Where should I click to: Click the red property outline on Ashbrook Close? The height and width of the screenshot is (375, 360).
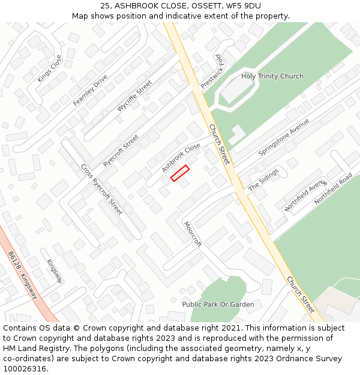tap(179, 173)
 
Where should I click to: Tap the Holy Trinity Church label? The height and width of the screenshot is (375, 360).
tap(272, 76)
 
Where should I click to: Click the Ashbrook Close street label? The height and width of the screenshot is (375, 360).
tap(181, 158)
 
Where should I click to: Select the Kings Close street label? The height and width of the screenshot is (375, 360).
tap(49, 69)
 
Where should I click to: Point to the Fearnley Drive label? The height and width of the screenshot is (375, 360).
tap(90, 90)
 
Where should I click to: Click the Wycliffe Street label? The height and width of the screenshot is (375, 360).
tap(134, 97)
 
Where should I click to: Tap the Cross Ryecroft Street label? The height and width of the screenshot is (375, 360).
tap(101, 190)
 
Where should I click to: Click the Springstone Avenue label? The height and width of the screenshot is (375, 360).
tap(284, 137)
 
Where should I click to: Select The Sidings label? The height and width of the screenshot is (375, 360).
tap(263, 179)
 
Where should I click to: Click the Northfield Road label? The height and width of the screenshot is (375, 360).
tap(334, 189)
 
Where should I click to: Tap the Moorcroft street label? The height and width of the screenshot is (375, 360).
tap(193, 234)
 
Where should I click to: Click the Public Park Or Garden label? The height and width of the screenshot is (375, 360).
tap(218, 304)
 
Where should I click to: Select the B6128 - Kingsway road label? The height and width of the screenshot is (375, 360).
tap(23, 275)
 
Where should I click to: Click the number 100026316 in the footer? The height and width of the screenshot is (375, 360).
tap(24, 368)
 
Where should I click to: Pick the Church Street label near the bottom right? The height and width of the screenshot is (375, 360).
tap(300, 295)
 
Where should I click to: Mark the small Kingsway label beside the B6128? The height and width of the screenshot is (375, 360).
tap(55, 271)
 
